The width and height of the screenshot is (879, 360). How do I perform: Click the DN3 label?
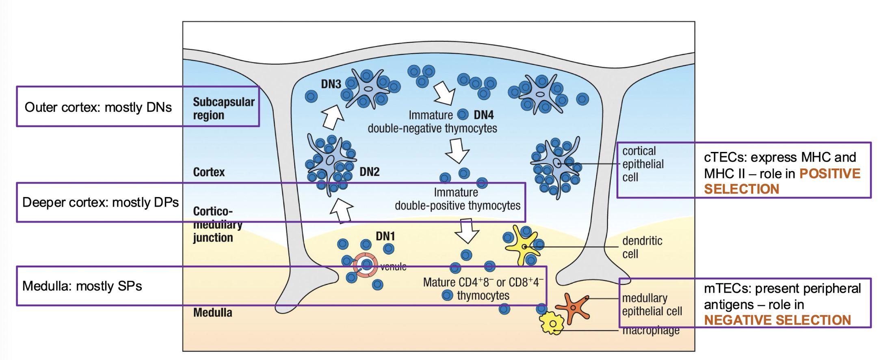pyautogui.click(x=331, y=84)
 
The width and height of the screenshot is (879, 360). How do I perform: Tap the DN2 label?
pyautogui.click(x=369, y=172)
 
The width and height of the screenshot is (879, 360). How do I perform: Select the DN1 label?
pyautogui.click(x=385, y=236)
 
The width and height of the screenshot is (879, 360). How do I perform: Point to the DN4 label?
pyautogui.click(x=484, y=115)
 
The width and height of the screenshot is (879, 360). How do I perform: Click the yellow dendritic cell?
pyautogui.click(x=523, y=245)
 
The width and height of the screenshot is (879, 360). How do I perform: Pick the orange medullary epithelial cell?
pyautogui.click(x=573, y=308)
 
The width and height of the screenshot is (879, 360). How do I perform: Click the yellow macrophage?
pyautogui.click(x=552, y=323)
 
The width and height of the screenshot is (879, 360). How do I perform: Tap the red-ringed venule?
pyautogui.click(x=366, y=265)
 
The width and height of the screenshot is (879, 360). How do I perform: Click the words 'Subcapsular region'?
pyautogui.click(x=223, y=108)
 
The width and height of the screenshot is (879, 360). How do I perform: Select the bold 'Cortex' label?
pyautogui.click(x=209, y=172)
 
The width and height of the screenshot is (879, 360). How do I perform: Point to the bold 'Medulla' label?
pyautogui.click(x=212, y=312)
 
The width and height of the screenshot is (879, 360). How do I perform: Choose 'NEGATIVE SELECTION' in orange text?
pyautogui.click(x=777, y=320)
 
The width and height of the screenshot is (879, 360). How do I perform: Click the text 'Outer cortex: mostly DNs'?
pyautogui.click(x=98, y=107)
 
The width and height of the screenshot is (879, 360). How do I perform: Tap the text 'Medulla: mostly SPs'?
pyautogui.click(x=82, y=286)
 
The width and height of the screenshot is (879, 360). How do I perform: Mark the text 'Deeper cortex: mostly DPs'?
pyautogui.click(x=100, y=202)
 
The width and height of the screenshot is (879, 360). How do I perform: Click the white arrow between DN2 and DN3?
pyautogui.click(x=332, y=117)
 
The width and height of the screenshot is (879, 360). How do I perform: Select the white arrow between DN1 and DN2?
pyautogui.click(x=342, y=210)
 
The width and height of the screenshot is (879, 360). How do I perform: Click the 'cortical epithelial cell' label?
pyautogui.click(x=643, y=164)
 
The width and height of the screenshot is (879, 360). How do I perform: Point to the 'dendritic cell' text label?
pyautogui.click(x=642, y=247)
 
